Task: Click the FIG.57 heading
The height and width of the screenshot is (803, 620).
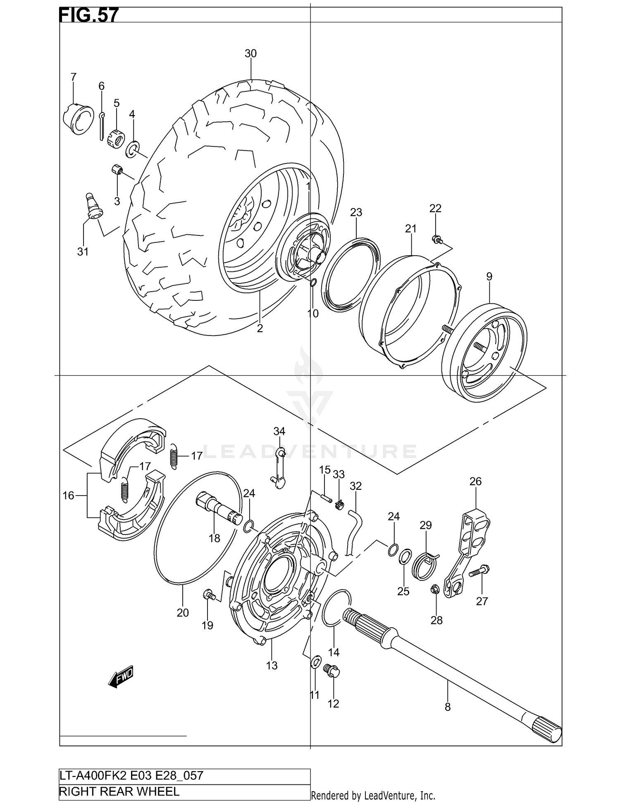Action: click(x=89, y=15)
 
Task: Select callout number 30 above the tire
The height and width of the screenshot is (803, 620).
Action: click(x=250, y=53)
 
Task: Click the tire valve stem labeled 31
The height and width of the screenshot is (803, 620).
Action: click(x=94, y=206)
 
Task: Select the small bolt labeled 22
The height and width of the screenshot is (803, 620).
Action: click(x=436, y=239)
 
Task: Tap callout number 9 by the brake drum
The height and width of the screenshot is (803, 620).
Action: click(x=489, y=276)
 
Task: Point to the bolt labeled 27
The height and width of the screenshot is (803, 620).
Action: click(x=479, y=572)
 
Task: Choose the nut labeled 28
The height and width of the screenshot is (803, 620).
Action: click(x=435, y=588)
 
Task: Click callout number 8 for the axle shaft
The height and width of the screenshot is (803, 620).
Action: click(x=448, y=707)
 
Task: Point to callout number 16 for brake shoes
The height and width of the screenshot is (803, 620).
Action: click(x=68, y=495)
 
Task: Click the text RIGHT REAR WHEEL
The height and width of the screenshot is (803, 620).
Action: click(x=119, y=791)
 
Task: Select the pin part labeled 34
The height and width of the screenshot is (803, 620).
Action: click(x=279, y=467)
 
